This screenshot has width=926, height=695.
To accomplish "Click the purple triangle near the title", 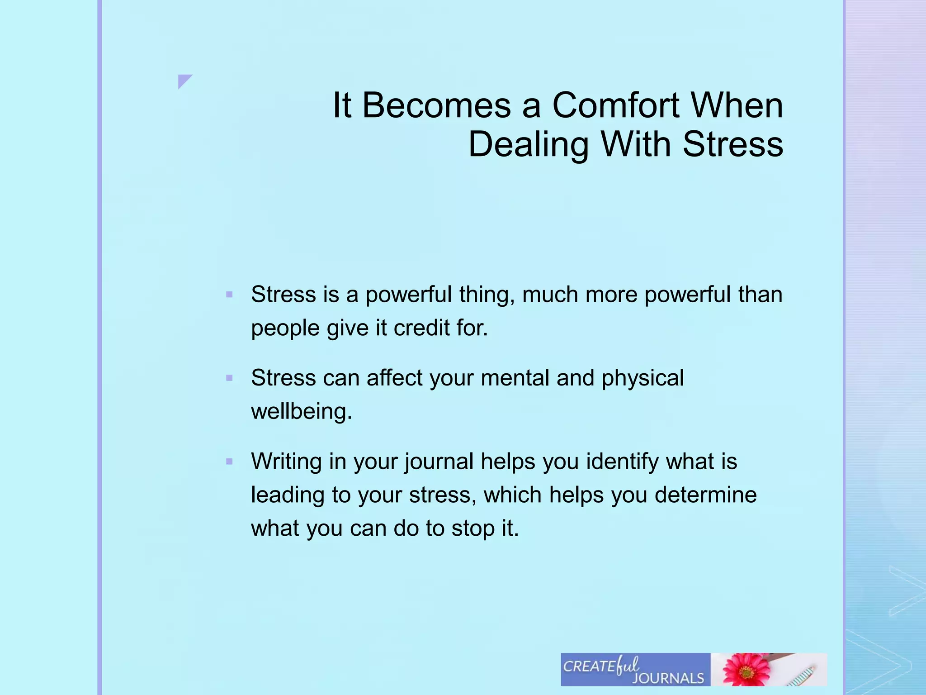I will (184, 80).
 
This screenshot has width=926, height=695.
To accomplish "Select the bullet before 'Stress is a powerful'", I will (229, 295).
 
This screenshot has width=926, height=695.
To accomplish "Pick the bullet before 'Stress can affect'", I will (229, 378).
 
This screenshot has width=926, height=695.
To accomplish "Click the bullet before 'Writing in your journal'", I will (229, 462).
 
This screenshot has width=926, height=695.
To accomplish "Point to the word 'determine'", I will (705, 495).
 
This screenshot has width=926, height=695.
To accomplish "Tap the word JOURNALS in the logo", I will (668, 678).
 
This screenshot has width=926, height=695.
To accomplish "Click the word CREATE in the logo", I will (589, 666).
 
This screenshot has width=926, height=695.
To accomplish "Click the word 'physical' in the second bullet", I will (643, 378).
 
